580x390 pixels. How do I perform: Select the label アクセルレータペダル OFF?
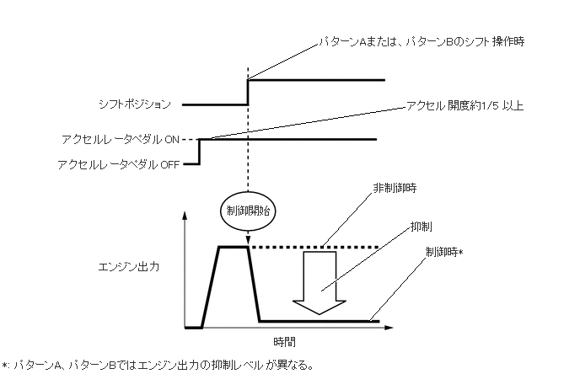click(x=118, y=164)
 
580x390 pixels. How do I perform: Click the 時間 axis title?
click(x=284, y=343)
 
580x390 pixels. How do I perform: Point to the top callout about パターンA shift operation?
click(x=420, y=40)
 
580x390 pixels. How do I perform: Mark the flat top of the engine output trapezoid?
click(x=234, y=247)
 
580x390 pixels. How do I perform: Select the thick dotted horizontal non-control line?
click(x=312, y=247)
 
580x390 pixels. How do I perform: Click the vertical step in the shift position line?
click(x=247, y=93)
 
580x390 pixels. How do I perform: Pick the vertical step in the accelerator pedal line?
click(x=198, y=152)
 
